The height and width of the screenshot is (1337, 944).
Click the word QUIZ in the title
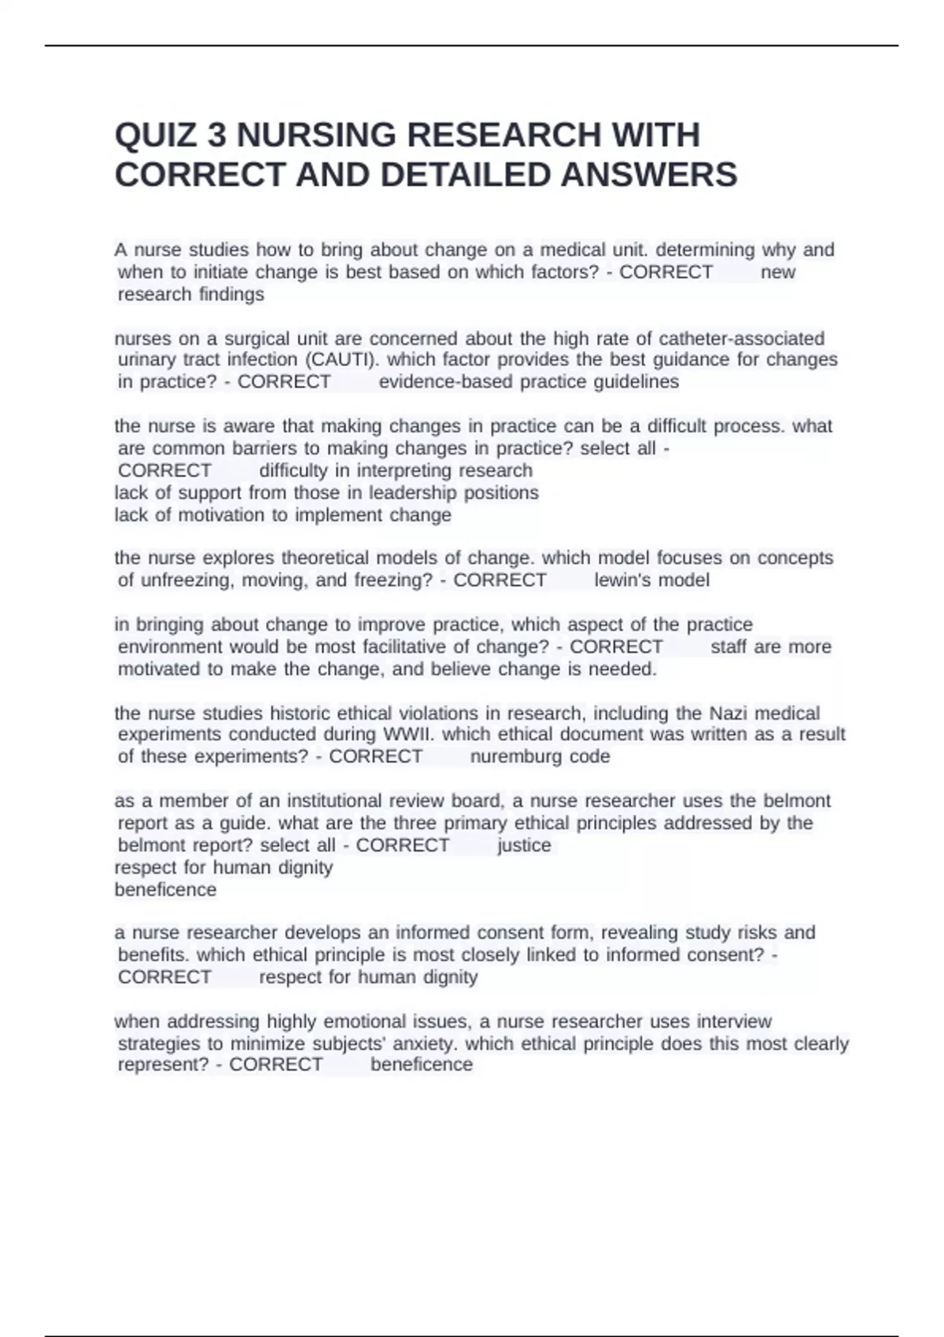pos(156,135)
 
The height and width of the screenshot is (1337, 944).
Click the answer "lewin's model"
pos(651,580)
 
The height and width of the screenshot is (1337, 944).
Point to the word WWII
pos(408,734)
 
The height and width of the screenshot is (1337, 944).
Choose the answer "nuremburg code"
pos(540,757)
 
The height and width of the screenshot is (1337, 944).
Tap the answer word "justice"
pos(524,845)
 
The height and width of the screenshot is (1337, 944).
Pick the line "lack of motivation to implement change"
pos(283,515)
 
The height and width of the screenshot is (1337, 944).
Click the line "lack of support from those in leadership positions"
pos(326,493)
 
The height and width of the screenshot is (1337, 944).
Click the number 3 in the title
pos(217,135)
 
